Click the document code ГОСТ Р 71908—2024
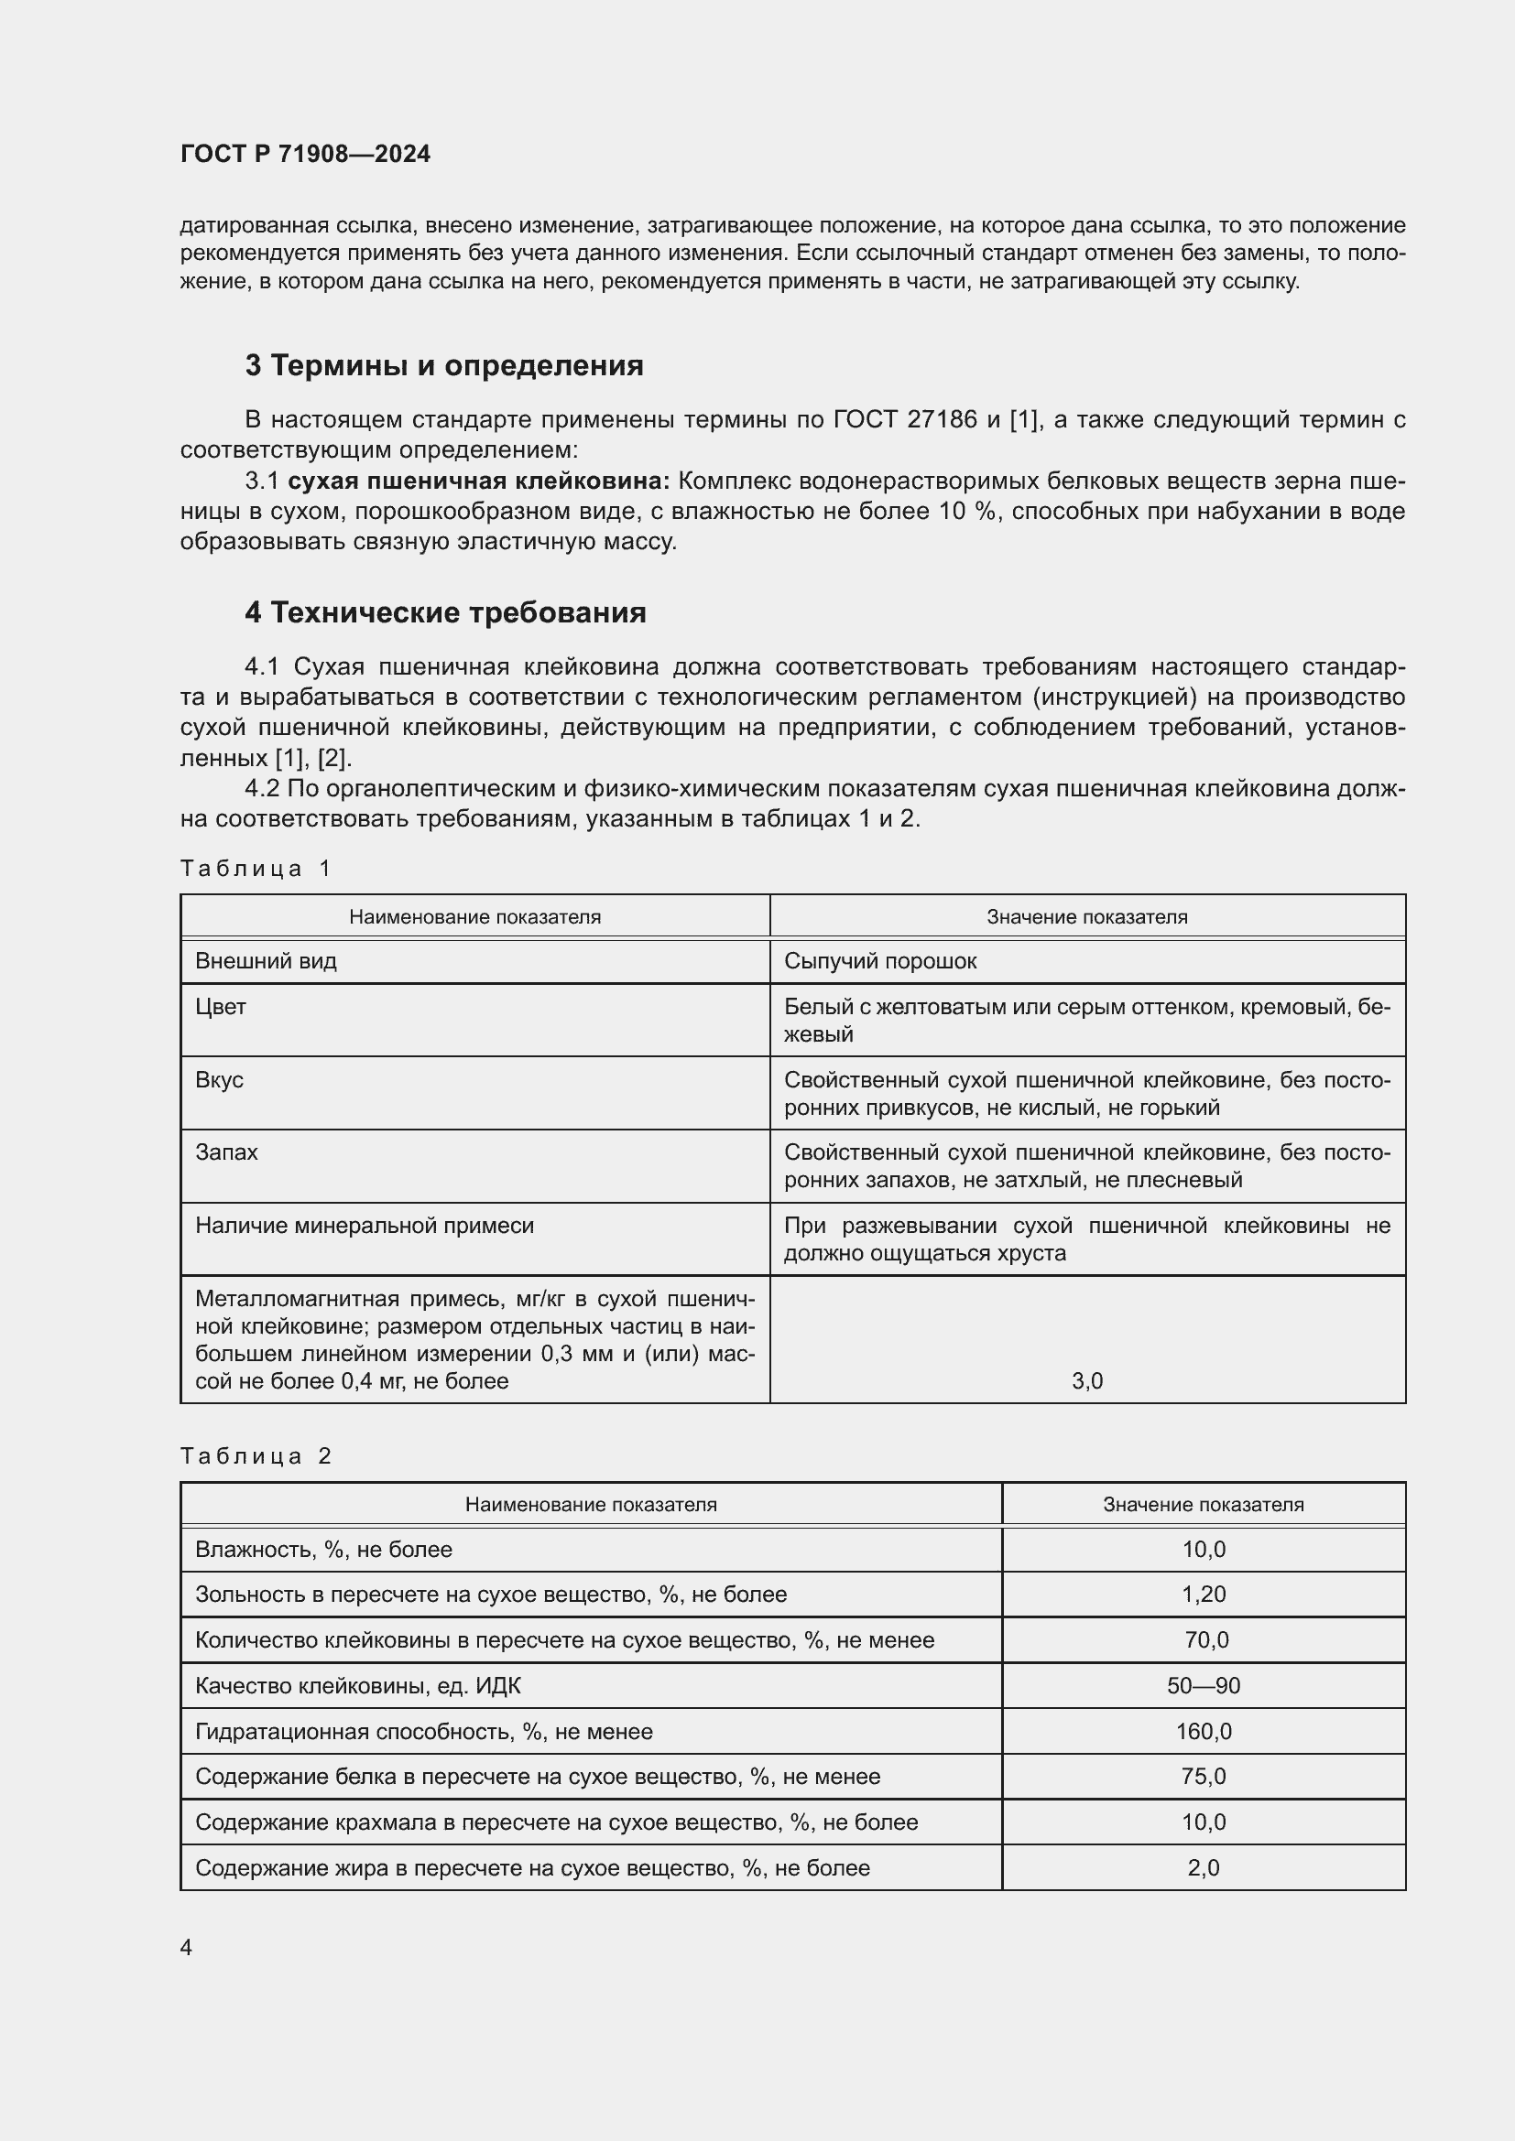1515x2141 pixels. [305, 154]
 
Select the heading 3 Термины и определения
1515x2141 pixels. [444, 365]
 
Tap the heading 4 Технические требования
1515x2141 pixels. [445, 612]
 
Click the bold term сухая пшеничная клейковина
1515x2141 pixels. [478, 481]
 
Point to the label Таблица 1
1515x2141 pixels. [256, 869]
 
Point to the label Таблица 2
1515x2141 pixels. [256, 1456]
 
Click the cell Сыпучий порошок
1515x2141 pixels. [879, 961]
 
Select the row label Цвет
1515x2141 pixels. [221, 1007]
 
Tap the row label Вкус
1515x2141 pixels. [219, 1080]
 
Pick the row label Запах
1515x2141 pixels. [226, 1152]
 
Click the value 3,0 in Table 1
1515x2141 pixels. [1087, 1381]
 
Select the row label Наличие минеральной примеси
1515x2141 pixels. [365, 1226]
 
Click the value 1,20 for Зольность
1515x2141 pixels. [1204, 1594]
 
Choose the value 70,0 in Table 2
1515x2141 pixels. [1206, 1639]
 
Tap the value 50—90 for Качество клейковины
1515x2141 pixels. [1204, 1685]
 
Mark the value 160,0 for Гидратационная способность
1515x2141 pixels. [1204, 1732]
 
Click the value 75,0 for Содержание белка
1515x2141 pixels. [1204, 1777]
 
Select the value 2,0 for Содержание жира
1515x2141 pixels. [1204, 1868]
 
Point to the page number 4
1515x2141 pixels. [186, 1948]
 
